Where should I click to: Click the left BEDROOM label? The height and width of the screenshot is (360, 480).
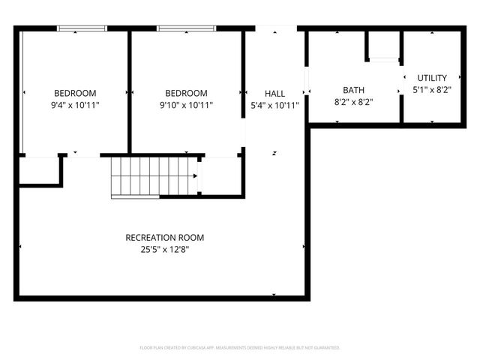point(74,93)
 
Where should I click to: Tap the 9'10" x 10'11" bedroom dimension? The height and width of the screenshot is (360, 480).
point(186,106)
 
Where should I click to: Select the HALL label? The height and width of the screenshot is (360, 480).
point(274,93)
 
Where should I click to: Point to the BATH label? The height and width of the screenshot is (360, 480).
point(353,89)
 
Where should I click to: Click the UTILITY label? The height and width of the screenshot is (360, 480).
point(432,77)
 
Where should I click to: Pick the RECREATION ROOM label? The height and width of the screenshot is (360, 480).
point(164,238)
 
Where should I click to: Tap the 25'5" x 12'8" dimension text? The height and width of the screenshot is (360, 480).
point(164,250)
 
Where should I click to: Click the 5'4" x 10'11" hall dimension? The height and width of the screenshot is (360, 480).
point(274,106)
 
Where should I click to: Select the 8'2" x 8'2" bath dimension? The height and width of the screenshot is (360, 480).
point(353,101)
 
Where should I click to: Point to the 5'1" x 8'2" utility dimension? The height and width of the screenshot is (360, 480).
point(432,89)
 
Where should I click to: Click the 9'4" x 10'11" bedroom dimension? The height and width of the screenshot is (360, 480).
point(74,106)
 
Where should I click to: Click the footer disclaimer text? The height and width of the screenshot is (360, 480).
point(240,348)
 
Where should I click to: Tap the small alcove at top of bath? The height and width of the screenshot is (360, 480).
point(382,45)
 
